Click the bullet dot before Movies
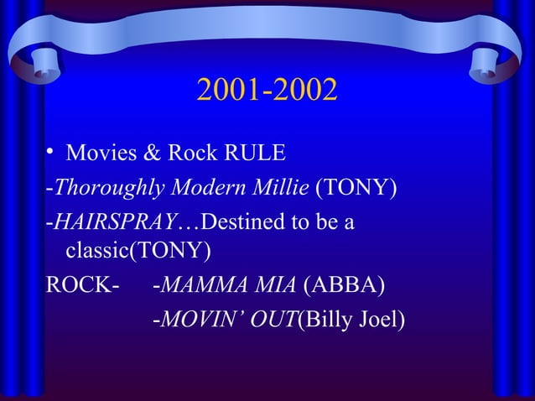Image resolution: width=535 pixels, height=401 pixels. tap(51, 152)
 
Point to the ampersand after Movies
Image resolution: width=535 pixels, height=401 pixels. tap(153, 154)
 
